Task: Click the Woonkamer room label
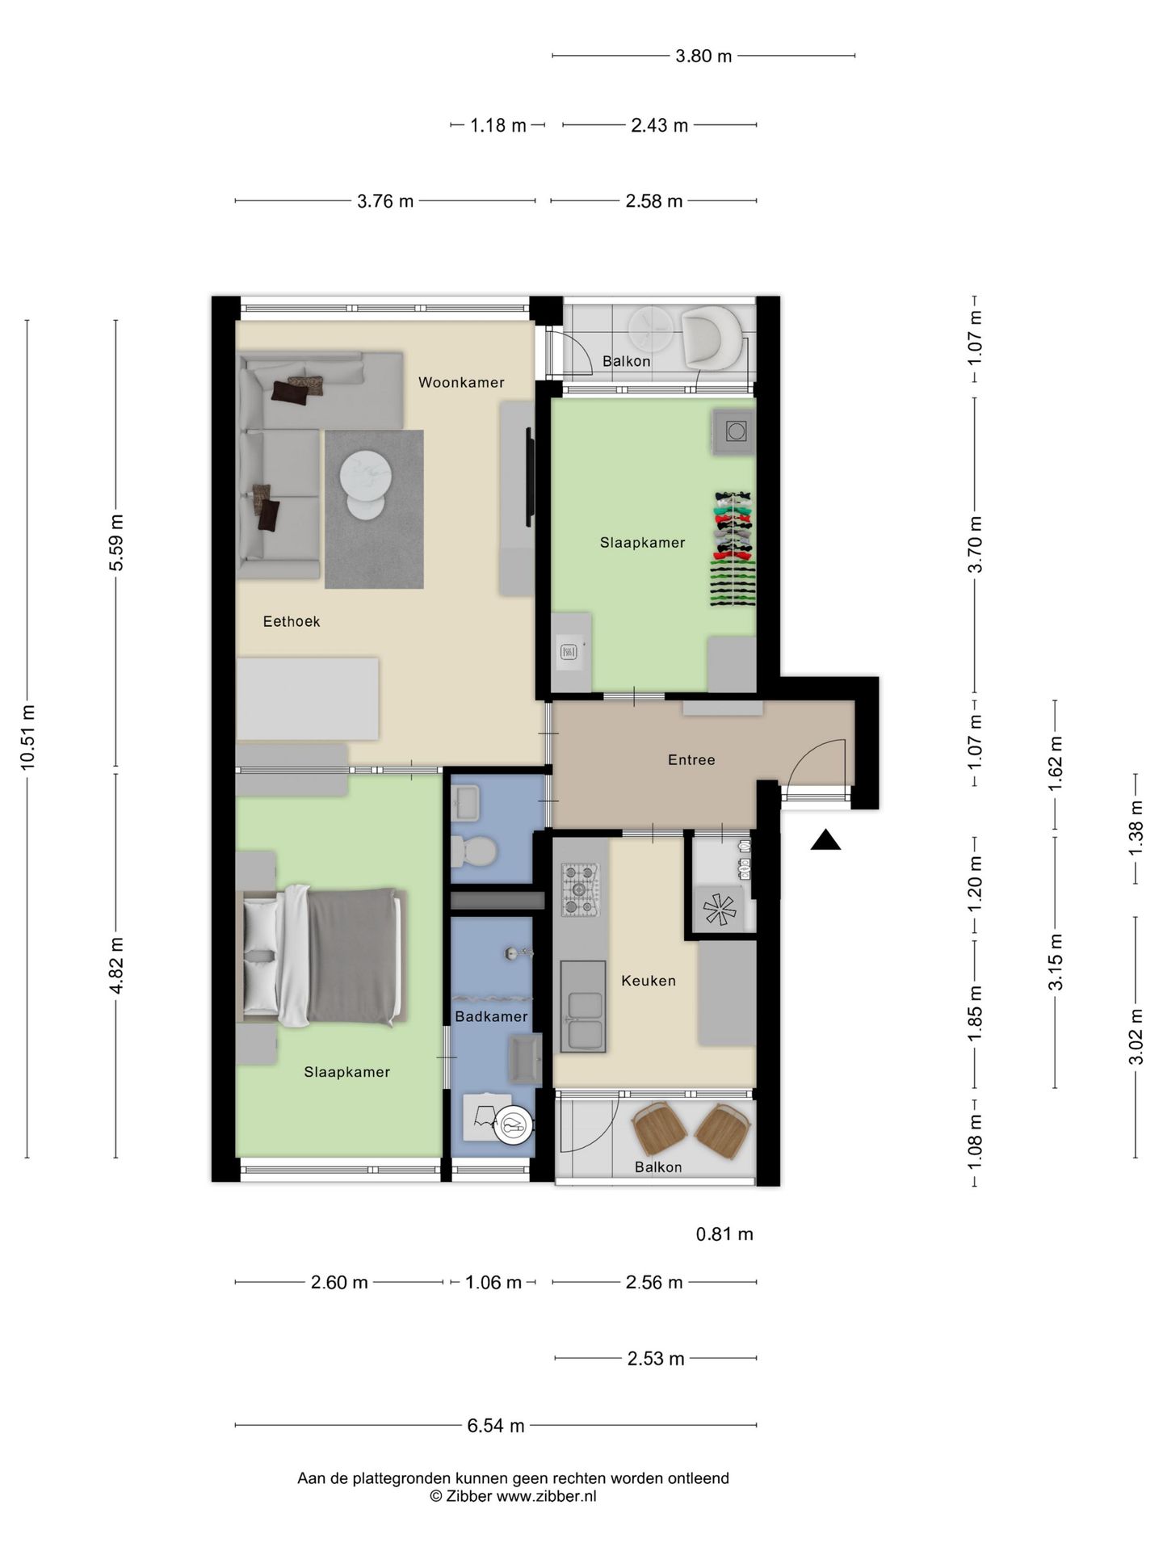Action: (461, 382)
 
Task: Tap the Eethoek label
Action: (292, 621)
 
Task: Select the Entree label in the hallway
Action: (691, 759)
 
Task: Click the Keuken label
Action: (648, 981)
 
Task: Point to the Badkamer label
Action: (491, 1016)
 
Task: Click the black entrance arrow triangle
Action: (825, 842)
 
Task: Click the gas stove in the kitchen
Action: (581, 889)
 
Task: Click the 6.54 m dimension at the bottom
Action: (496, 1426)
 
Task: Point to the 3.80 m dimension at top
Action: (703, 56)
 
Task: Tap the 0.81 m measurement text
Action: (724, 1234)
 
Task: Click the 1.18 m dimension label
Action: (498, 125)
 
